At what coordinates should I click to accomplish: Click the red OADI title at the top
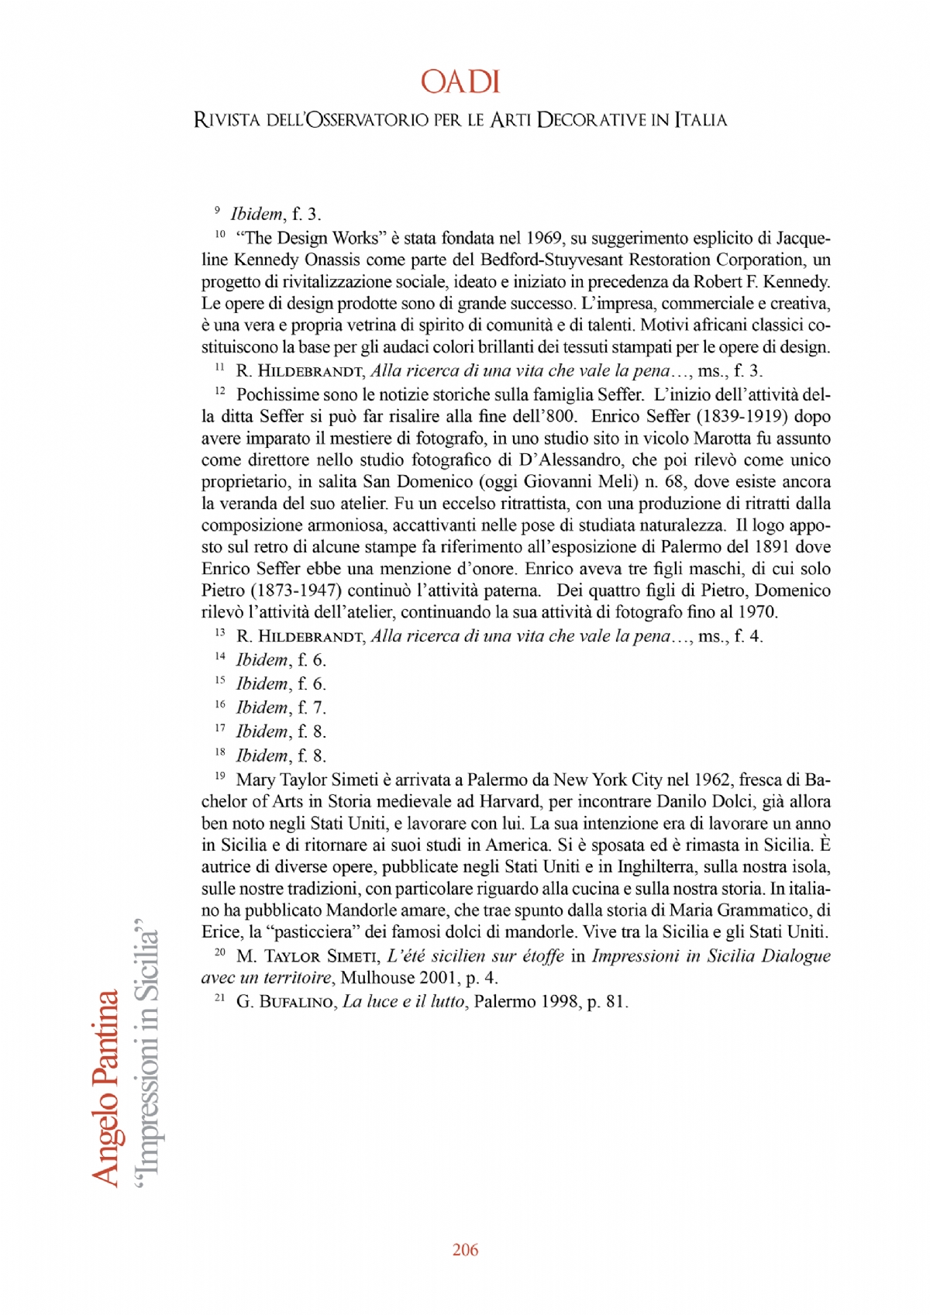coord(460,82)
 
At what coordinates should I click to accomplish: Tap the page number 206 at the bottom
coord(465,1249)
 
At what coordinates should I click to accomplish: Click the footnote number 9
coord(217,210)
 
